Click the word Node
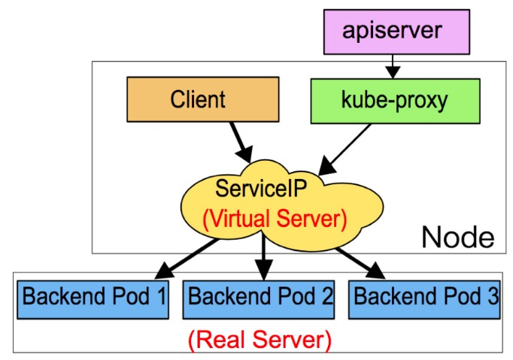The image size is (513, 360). (x=457, y=237)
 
